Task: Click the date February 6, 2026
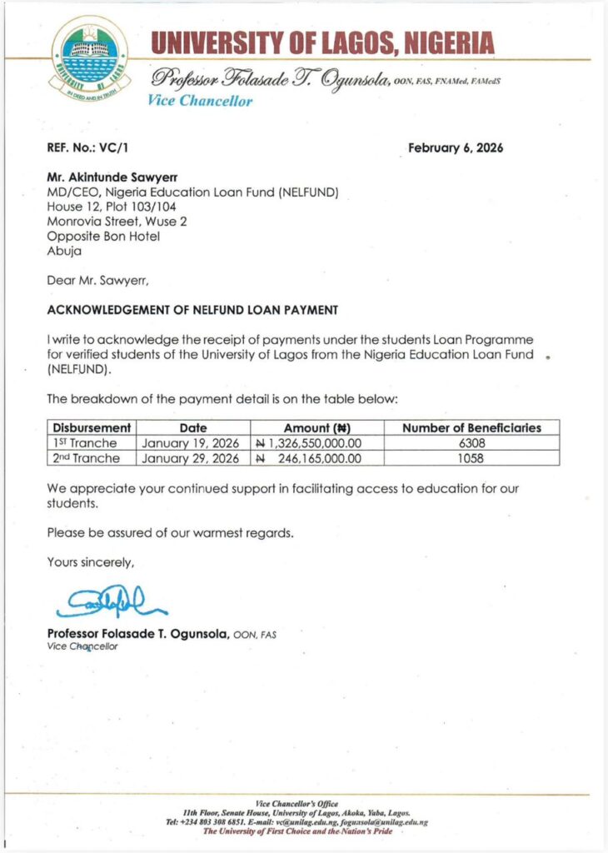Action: (456, 148)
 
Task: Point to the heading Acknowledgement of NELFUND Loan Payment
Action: (192, 310)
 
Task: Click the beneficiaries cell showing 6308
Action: (471, 443)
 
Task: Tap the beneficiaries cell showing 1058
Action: (471, 458)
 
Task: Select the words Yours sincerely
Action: (90, 562)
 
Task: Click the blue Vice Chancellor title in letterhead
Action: (200, 102)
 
